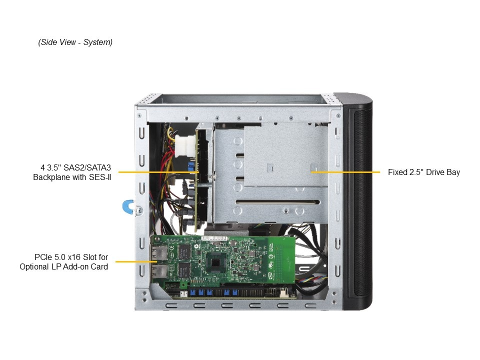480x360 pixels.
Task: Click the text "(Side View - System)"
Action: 75,42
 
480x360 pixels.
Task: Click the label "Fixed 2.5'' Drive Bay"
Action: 423,172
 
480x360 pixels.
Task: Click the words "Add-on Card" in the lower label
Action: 88,266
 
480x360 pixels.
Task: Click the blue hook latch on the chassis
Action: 127,207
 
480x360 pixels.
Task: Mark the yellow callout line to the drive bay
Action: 345,172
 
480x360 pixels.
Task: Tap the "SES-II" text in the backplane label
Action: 99,177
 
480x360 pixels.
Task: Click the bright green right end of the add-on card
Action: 282,260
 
